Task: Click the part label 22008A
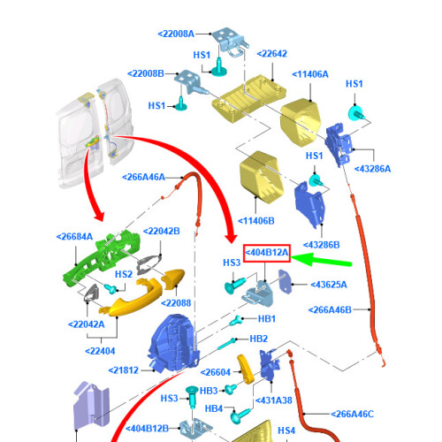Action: click(x=176, y=34)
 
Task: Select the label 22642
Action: click(x=272, y=54)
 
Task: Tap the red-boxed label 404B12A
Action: click(x=267, y=253)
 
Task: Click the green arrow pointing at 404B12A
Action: click(x=321, y=260)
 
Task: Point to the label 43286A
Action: click(x=372, y=169)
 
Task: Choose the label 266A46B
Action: click(x=330, y=310)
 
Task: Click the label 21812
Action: click(x=124, y=370)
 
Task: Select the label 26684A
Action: click(x=74, y=237)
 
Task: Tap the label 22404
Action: click(x=100, y=351)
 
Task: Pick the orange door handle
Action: click(x=134, y=299)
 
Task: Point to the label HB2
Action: click(x=259, y=339)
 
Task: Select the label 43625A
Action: click(x=329, y=285)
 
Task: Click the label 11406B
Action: click(x=256, y=221)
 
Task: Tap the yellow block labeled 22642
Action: click(x=249, y=98)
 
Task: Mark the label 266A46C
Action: click(x=352, y=414)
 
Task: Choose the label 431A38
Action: click(x=274, y=400)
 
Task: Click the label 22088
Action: click(x=176, y=303)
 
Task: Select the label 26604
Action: click(x=216, y=372)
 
